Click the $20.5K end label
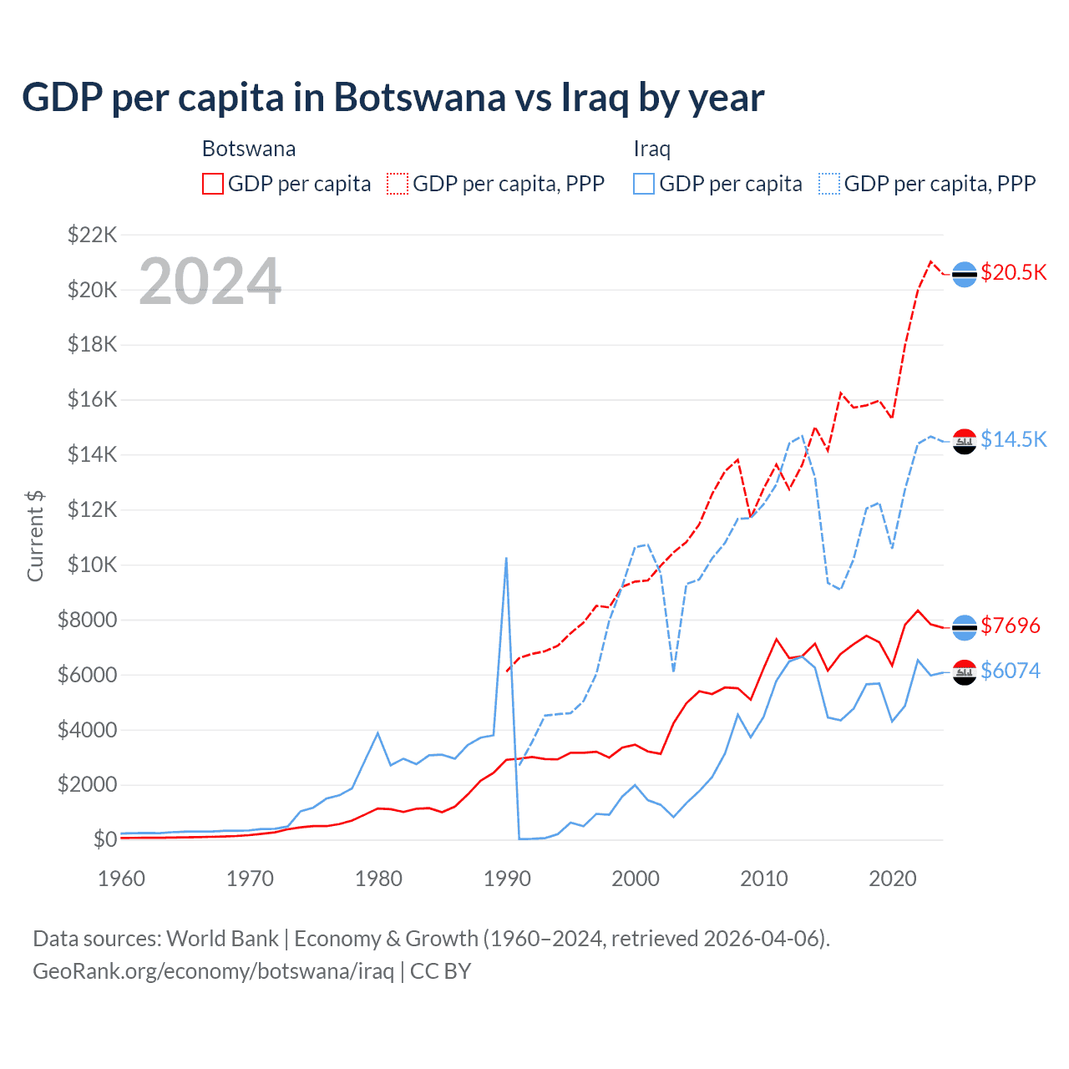pos(1013,273)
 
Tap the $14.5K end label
pos(1013,439)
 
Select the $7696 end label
pos(1011,626)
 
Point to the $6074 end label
pos(1011,671)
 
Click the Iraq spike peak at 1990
pos(506,558)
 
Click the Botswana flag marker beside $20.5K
pos(965,274)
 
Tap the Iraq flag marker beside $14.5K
pos(965,442)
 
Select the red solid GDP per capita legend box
pos(213,184)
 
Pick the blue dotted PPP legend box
pos(829,184)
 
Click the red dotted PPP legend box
pos(398,184)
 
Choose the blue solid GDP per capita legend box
pos(644,184)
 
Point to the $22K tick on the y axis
pos(92,235)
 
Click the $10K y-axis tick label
pos(92,565)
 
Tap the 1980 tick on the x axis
pos(378,879)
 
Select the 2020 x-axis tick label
pos(893,879)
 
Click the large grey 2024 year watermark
pos(210,281)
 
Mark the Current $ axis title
pos(35,536)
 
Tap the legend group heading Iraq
pos(651,149)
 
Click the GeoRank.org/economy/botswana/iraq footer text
pos(213,971)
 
